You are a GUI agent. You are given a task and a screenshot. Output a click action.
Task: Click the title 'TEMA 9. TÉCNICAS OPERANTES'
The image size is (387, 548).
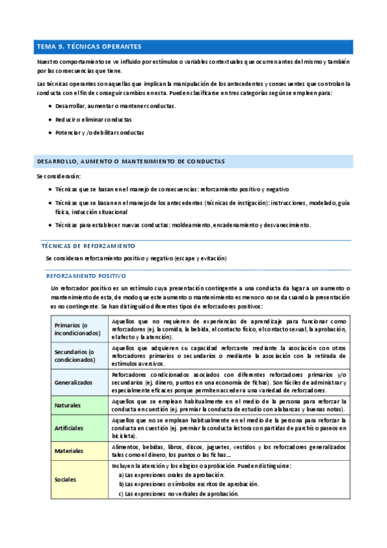(x=89, y=47)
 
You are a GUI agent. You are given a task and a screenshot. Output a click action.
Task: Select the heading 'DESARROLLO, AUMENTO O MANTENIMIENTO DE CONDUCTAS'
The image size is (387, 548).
(x=131, y=161)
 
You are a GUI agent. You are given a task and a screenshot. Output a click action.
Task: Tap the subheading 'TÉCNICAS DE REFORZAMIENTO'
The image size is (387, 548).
(x=88, y=246)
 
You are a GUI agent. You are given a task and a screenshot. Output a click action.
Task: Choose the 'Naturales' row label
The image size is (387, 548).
(x=68, y=405)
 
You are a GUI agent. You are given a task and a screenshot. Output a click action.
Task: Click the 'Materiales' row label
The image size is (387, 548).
(x=69, y=450)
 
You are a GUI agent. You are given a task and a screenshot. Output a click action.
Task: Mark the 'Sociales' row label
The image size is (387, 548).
(x=66, y=479)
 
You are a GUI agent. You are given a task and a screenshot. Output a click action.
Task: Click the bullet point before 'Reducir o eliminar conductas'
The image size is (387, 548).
(x=50, y=120)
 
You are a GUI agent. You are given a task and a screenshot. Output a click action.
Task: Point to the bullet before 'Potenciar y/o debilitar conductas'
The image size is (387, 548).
(x=50, y=132)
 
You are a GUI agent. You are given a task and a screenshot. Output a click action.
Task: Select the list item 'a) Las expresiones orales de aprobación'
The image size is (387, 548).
(x=171, y=475)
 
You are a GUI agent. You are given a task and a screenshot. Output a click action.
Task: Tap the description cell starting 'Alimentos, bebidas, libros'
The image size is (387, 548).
(x=229, y=450)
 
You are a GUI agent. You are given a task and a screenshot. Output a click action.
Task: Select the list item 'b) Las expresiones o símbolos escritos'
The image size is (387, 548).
(x=189, y=484)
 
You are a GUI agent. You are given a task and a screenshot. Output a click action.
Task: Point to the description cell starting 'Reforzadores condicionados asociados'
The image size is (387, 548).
(x=229, y=383)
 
